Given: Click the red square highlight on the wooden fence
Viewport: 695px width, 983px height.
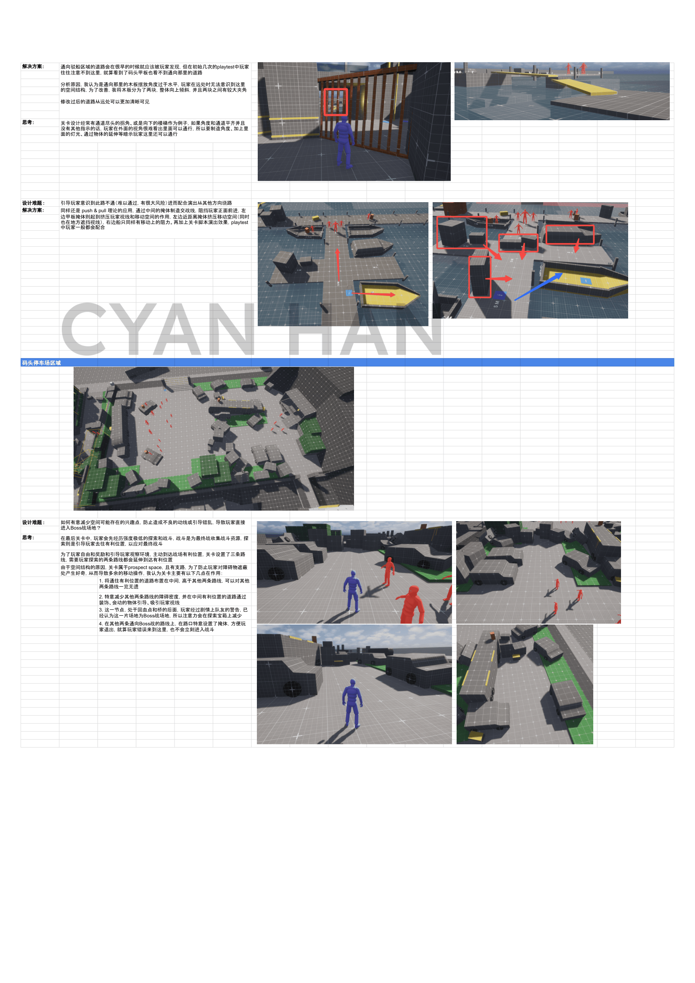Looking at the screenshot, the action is point(335,102).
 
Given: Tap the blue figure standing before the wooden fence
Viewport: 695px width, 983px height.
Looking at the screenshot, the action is point(344,143).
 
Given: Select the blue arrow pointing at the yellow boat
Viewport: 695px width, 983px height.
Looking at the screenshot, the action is point(538,287).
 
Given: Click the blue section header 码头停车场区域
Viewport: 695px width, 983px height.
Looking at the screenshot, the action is point(41,363).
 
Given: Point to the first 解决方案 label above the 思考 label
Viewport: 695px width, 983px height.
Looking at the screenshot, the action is point(33,67).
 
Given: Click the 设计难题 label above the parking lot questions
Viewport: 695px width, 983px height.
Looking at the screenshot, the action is point(33,522).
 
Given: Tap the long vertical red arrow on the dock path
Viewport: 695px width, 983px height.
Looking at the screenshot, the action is point(338,265).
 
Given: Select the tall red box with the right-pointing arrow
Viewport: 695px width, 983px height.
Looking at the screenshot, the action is point(480,277).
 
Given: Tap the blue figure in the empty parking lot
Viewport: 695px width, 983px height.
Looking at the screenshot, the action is point(352,704).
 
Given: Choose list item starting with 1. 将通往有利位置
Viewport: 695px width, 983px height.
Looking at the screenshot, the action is point(174,584).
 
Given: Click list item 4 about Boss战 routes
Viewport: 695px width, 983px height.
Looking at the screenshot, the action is point(172,626).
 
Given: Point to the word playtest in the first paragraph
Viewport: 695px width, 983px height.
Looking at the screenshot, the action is point(226,67).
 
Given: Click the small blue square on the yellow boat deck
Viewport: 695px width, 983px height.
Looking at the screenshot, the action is point(586,281).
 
